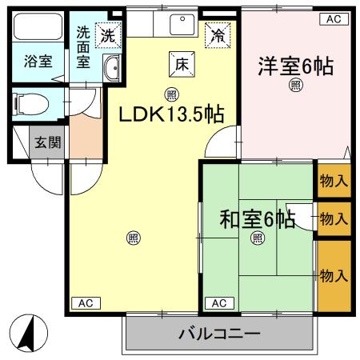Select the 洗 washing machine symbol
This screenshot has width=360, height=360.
pos(106,34)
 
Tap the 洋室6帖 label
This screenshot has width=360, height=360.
pos(295,66)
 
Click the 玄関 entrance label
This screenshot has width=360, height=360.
pos(44,142)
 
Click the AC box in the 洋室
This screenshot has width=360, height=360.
pos(334,17)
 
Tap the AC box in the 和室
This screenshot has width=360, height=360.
pos(220,302)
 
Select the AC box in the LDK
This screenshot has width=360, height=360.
pos(87,302)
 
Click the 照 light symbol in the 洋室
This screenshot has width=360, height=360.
pos(295,86)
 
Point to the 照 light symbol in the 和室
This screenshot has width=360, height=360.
pos(258,238)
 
